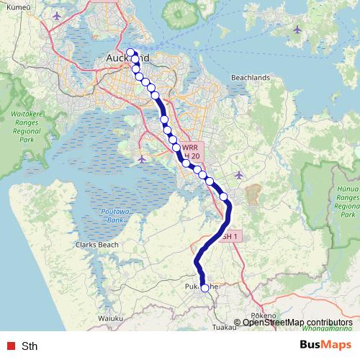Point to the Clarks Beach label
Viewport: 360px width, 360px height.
tap(95, 245)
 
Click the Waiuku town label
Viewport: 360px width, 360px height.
tap(112, 317)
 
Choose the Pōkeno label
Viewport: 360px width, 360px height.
tap(264, 316)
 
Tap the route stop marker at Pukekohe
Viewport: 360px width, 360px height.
tap(204, 288)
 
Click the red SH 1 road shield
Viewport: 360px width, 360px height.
tap(228, 235)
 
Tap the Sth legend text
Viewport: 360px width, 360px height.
tap(30, 346)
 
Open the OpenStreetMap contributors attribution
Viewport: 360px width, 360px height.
tap(297, 323)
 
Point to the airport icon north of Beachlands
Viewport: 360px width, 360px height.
tap(298, 30)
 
